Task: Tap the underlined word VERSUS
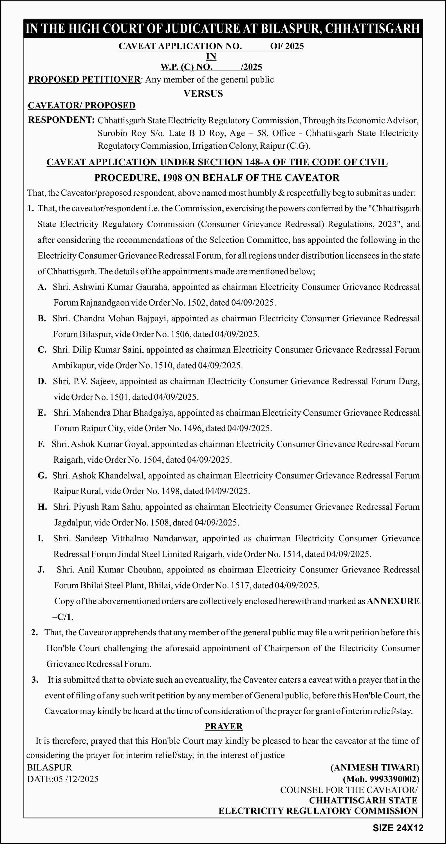(x=203, y=94)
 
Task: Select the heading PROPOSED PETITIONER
(x=84, y=80)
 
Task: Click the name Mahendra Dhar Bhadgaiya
(x=123, y=413)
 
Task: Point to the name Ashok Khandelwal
(x=108, y=475)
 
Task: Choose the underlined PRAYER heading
(x=224, y=726)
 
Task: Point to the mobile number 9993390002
(x=393, y=779)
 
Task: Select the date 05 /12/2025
(x=76, y=779)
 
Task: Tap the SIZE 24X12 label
(x=398, y=828)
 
